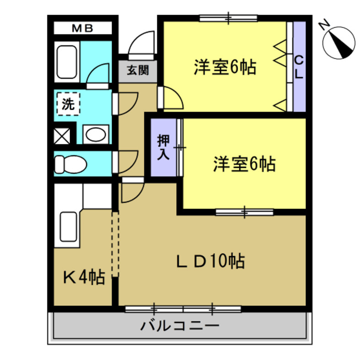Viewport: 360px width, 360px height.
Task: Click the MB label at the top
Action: click(82, 28)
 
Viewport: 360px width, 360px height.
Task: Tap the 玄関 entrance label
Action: click(138, 70)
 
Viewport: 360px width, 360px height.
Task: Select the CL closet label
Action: click(298, 67)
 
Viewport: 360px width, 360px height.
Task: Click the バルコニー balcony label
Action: click(180, 326)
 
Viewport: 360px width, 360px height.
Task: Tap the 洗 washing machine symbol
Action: click(68, 104)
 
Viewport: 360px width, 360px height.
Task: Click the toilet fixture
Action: click(70, 163)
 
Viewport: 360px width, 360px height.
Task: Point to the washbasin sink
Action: click(96, 134)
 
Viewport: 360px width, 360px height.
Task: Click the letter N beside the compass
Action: click(324, 24)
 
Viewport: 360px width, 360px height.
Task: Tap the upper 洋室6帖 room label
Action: click(225, 68)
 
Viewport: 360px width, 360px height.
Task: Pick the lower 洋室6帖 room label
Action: click(244, 163)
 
